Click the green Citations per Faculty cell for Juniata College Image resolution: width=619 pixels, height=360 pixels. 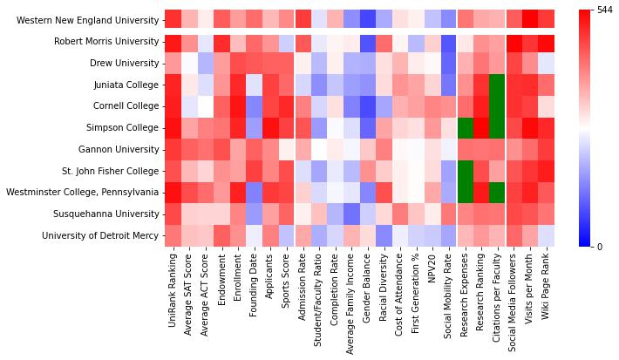point(497,85)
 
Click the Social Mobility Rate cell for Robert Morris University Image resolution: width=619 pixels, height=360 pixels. point(448,41)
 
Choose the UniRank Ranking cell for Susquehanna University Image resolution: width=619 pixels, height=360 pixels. point(173,214)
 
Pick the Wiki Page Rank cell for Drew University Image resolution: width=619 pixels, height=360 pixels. point(546,63)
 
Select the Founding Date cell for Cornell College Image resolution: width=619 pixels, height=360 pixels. point(254,106)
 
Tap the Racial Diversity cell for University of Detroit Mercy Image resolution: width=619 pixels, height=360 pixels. point(384,235)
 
